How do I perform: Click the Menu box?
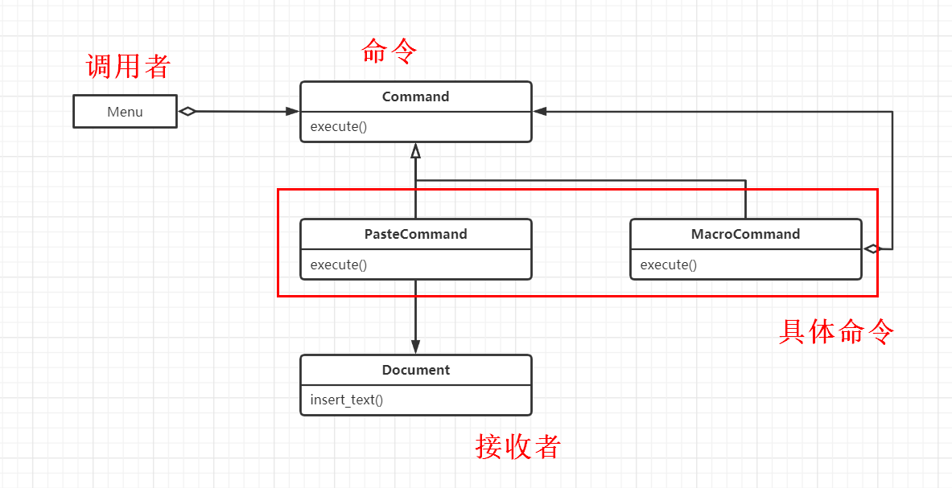coord(125,112)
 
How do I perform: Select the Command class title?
coord(415,96)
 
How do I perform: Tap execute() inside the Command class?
coord(339,127)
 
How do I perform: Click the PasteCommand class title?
coord(415,234)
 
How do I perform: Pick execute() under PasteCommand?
coord(339,265)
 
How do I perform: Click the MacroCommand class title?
coord(745,234)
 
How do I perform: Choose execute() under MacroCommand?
coord(669,265)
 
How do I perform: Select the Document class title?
coord(415,370)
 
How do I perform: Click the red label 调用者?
coord(128,66)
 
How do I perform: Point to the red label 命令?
coord(390,51)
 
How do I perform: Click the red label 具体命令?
coord(837,331)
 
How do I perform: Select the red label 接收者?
coord(518,446)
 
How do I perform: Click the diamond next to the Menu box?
coord(188,112)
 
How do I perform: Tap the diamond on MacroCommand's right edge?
coord(872,249)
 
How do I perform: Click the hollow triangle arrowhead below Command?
coord(415,150)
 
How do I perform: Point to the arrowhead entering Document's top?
coord(415,347)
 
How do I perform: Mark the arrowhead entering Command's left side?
coord(292,112)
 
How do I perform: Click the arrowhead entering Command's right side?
coord(540,112)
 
